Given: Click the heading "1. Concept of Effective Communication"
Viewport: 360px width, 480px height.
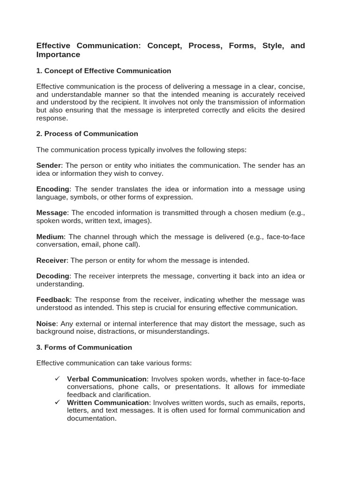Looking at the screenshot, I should [x=104, y=71].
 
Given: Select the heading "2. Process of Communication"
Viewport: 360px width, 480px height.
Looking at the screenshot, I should [x=87, y=134].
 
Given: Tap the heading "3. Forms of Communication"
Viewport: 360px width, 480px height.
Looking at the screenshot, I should [x=84, y=347].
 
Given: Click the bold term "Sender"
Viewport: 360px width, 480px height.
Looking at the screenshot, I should [x=48, y=165].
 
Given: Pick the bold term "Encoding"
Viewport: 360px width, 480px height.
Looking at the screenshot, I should [x=52, y=189].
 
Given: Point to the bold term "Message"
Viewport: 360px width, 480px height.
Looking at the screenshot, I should [x=52, y=213].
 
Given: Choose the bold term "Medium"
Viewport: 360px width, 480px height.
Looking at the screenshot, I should [x=50, y=237].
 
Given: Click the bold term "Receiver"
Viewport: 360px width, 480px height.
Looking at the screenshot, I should [x=52, y=260].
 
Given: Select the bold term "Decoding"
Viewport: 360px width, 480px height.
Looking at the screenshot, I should [x=52, y=276].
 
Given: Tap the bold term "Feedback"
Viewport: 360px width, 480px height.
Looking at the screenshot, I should [x=53, y=300].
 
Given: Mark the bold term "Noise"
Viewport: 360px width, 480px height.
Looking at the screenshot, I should [x=46, y=323].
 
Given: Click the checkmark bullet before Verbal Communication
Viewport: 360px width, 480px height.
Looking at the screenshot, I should [x=57, y=379].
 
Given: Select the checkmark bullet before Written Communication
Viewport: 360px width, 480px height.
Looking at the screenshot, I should [x=57, y=402].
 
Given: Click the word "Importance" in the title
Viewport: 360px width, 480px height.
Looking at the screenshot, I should [x=58, y=55].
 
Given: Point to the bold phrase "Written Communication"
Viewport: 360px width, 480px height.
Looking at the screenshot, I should [x=108, y=403].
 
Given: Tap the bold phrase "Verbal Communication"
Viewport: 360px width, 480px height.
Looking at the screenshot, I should [x=107, y=379].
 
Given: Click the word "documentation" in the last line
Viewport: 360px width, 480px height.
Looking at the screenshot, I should [x=91, y=418].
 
